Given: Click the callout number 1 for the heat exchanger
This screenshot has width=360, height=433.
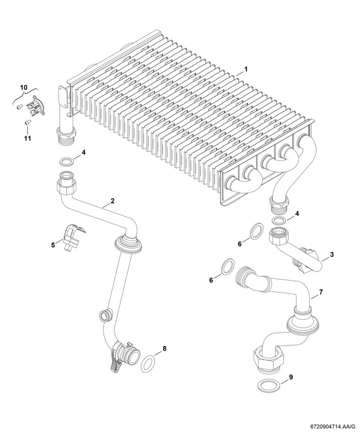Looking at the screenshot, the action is point(246,69).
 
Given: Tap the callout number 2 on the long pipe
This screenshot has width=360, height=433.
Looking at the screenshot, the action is point(112,201).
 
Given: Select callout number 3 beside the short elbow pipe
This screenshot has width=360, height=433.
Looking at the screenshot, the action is point(332,255).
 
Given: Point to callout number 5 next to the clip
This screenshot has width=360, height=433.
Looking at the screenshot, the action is point(53,245).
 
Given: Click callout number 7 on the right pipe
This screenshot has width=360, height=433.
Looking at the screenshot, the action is point(321,292).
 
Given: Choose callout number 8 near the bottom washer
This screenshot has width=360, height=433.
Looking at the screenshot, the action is point(165,348).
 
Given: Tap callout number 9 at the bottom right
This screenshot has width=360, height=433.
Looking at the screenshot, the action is point(291,377).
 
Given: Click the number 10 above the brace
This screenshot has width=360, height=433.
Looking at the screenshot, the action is point(24,87).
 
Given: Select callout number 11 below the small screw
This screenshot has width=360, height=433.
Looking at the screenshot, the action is point(27,138).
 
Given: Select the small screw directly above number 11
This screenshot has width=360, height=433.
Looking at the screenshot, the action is point(28,122).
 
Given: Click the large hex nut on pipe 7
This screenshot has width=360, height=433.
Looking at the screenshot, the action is point(268,360).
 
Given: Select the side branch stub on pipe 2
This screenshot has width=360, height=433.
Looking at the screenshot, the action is point(106,316).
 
